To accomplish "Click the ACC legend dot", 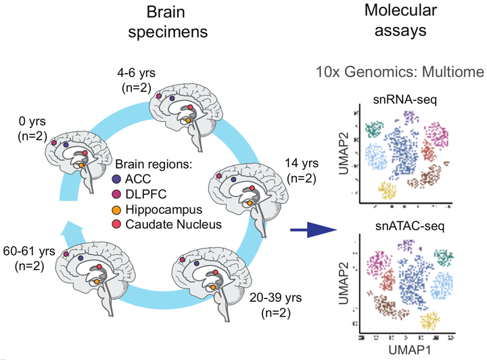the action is (x=116, y=179).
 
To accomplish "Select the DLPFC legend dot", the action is (x=116, y=194).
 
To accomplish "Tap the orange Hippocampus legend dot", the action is (x=116, y=210).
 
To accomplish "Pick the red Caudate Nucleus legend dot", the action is (x=116, y=224).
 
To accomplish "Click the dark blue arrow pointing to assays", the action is (x=313, y=230).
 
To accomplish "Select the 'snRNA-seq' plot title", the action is (x=404, y=99).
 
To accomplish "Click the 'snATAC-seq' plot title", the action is (x=410, y=226).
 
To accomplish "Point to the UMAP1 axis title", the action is (x=410, y=350).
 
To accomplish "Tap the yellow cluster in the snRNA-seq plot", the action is (x=388, y=190).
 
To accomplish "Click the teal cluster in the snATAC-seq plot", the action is (x=444, y=256).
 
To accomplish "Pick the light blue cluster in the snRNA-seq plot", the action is (x=376, y=156).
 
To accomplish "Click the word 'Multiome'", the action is (x=453, y=72).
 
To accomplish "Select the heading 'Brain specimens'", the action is (x=168, y=22).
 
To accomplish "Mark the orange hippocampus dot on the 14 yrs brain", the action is (x=250, y=203).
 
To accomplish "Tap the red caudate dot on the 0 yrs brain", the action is (x=85, y=153).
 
